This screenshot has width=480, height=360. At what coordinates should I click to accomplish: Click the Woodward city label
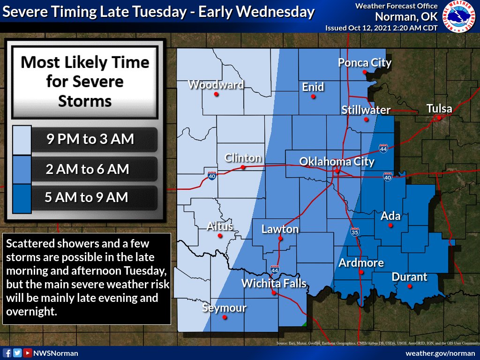216,85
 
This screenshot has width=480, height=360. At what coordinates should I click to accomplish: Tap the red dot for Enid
313,97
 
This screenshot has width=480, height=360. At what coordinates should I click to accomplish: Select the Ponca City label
365,63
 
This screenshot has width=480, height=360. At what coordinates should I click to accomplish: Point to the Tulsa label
439,109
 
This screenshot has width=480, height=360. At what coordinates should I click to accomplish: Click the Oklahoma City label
337,162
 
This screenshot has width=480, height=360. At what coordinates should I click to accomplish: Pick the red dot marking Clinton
243,167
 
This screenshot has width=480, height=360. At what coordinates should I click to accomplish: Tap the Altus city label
220,226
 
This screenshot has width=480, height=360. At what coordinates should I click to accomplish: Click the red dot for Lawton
280,238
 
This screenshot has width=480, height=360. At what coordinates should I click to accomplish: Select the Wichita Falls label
274,283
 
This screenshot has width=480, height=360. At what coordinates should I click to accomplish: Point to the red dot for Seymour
225,317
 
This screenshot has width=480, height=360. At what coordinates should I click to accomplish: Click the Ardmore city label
361,262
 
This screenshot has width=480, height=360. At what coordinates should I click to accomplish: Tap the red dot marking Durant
409,285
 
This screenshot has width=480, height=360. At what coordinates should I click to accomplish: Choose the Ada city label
390,216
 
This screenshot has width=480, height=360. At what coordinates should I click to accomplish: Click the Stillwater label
366,110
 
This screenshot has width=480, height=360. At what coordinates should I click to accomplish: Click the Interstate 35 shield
355,232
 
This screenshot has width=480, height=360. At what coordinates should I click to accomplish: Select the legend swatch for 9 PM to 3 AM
22,140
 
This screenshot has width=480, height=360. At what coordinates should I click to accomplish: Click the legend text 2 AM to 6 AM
87,169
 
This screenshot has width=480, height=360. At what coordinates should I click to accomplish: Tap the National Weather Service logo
460,16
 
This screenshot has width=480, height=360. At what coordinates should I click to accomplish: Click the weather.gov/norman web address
440,353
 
